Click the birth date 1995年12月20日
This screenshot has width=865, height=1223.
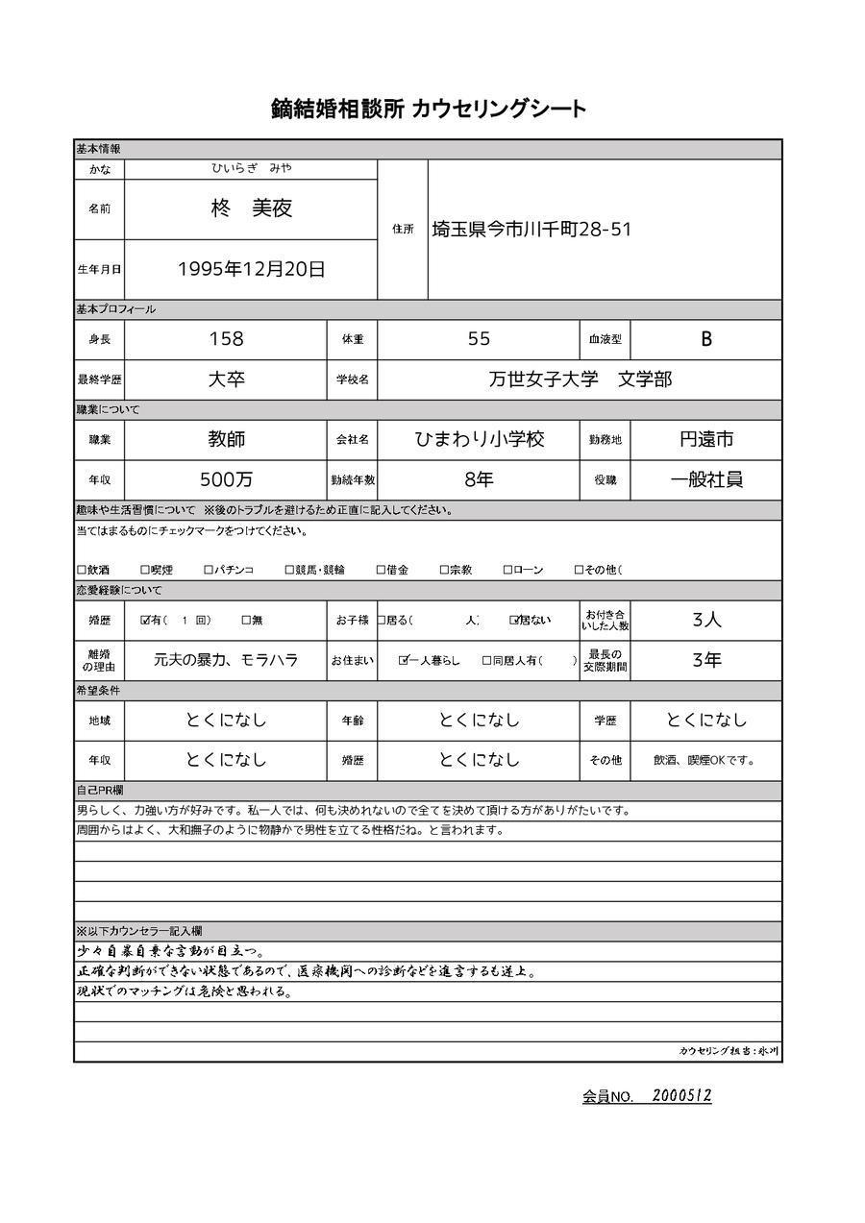pos(251,269)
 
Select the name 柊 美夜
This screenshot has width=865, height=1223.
pos(251,208)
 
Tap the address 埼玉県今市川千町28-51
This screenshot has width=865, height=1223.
pos(531,229)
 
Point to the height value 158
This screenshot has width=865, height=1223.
pos(226,339)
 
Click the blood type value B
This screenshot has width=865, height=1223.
pos(706,339)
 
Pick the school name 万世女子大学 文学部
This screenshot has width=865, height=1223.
pos(580,379)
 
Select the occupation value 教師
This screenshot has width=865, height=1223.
pos(226,439)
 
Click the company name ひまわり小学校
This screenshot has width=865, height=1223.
pos(479,439)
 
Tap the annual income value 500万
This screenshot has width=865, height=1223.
pos(226,479)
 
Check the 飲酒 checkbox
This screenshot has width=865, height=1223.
pos(82,570)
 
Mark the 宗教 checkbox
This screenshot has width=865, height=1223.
pos(444,570)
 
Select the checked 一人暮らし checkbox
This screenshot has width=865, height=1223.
pos(404,661)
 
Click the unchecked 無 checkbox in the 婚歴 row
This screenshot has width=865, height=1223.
pos(246,621)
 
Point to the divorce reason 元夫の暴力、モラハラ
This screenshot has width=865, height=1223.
pos(226,661)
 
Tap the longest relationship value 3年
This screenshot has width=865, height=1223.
pos(706,661)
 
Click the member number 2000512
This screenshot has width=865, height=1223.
pos(681,1095)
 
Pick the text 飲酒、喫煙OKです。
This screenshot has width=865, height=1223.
pos(704,760)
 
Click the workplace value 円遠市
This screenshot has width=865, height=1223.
pos(706,439)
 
